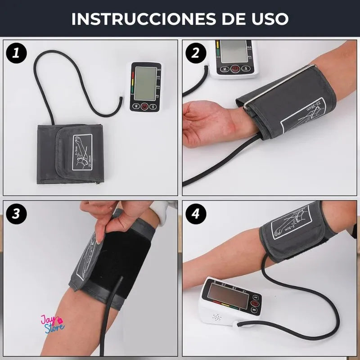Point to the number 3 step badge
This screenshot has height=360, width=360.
click(16, 214)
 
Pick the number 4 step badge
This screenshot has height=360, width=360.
click(196, 214)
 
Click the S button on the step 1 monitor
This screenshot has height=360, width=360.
click(153, 107)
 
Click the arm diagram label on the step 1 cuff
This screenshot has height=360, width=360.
click(82, 152)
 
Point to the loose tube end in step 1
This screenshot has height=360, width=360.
click(121, 98)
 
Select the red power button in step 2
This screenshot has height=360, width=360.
click(235, 69)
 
